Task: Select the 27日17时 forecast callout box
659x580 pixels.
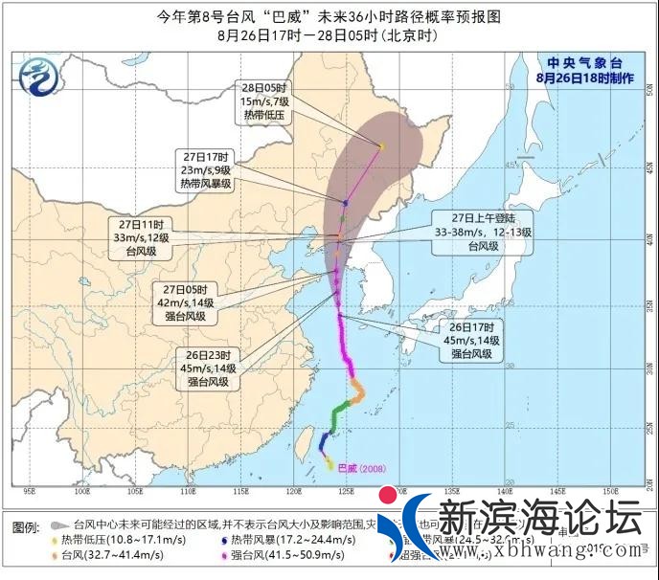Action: [x=208, y=169]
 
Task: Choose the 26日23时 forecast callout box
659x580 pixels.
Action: [x=203, y=368]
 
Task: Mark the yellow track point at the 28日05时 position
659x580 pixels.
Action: [x=380, y=146]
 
